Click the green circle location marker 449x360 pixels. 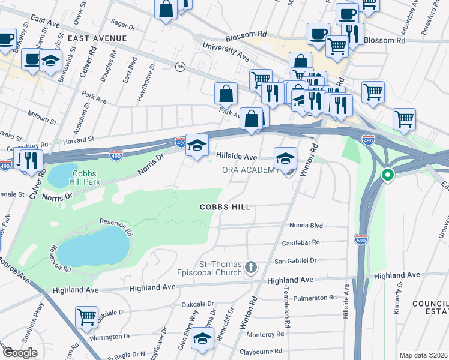coord(388,176)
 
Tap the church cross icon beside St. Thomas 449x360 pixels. coord(251,266)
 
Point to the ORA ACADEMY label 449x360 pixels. coord(250,170)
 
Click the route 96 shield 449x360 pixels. coord(180,67)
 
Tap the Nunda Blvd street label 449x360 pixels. coord(307,226)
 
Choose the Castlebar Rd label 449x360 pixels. coord(301,243)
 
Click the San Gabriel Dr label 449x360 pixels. coord(295,261)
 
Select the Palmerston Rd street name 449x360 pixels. coord(316,298)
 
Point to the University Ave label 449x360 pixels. coord(226,51)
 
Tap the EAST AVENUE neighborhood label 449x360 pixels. coord(97,38)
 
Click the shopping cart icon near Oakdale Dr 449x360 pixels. coord(87,316)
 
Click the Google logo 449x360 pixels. coord(20,353)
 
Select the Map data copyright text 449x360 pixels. coord(423,355)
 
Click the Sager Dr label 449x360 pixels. coord(124,26)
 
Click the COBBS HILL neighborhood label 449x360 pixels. coord(224,207)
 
